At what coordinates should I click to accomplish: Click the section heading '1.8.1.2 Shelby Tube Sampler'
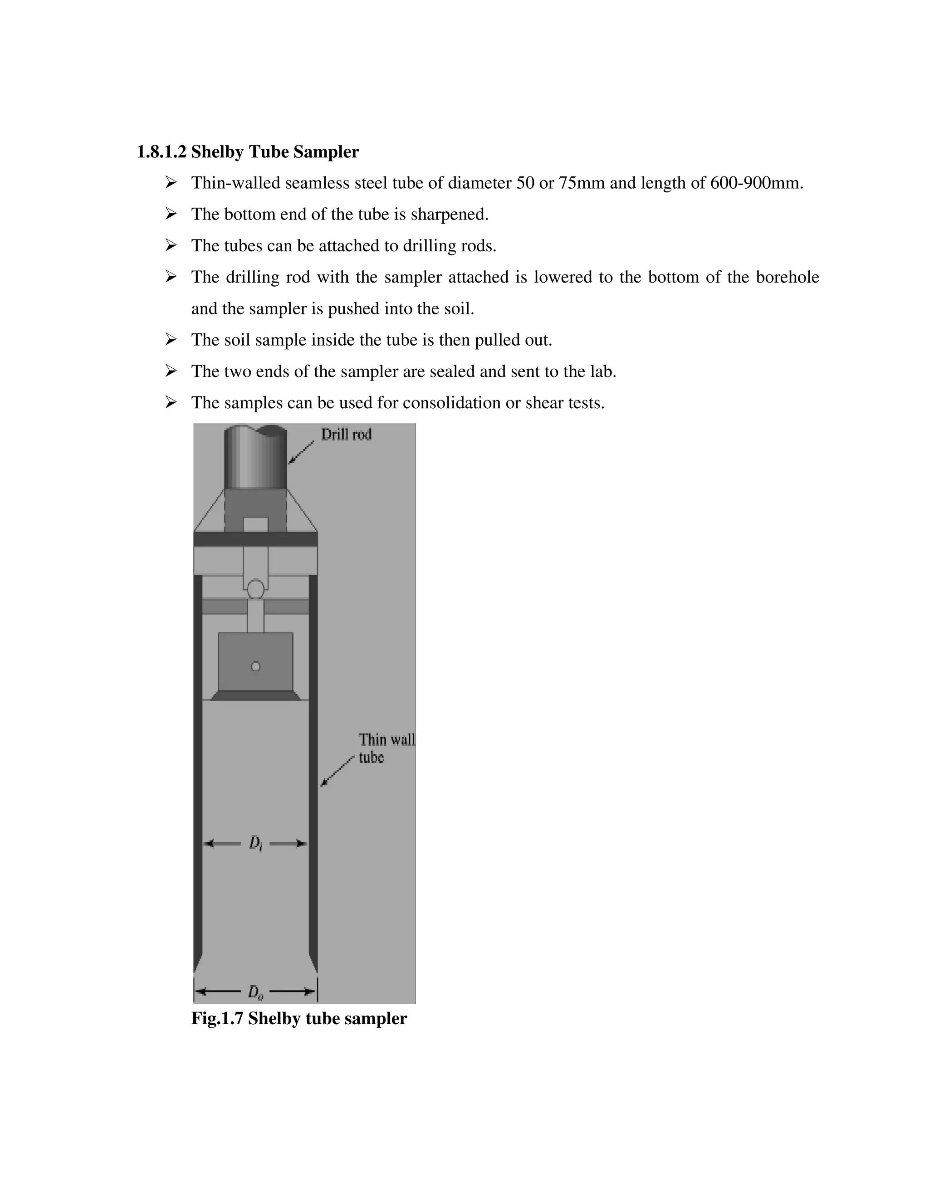coord(248,152)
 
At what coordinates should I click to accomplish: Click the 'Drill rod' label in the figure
coord(346,435)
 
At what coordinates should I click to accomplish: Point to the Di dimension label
coord(255,843)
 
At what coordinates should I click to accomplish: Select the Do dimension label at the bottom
coord(255,992)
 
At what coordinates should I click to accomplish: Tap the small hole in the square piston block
coord(255,666)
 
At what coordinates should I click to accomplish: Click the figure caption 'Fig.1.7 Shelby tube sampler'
coord(299,1019)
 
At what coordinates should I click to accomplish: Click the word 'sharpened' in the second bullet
coord(449,215)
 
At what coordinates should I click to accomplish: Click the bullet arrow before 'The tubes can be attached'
coord(171,245)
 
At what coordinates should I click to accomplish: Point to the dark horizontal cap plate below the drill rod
coord(255,539)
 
